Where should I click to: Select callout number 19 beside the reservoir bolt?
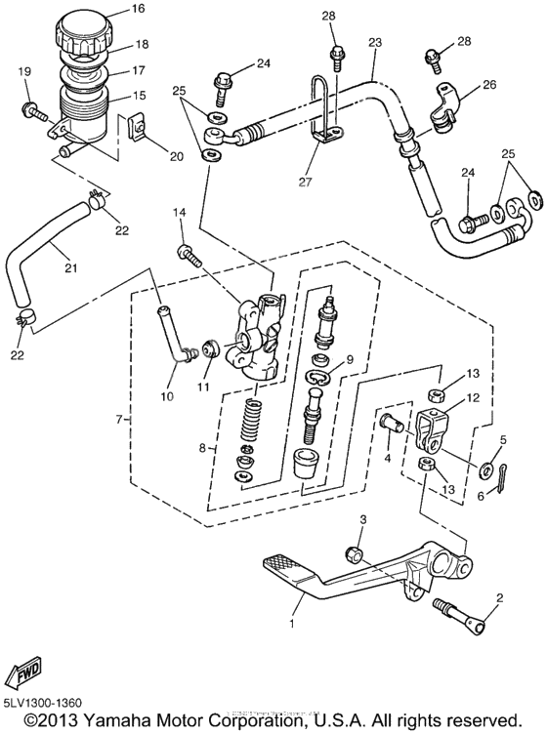(x=25, y=71)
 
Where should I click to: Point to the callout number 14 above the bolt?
(x=178, y=213)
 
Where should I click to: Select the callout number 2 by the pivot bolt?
(x=500, y=597)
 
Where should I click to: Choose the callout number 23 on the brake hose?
(x=374, y=43)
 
